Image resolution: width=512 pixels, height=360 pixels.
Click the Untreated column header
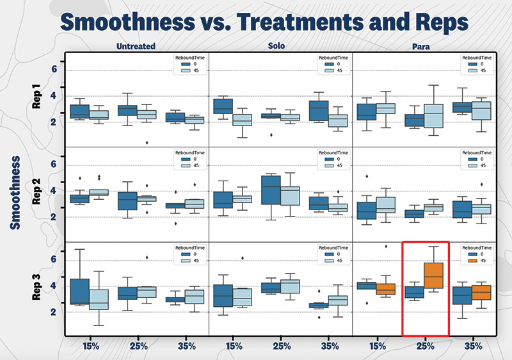(136, 47)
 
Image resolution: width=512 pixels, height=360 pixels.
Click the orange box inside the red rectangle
(435, 275)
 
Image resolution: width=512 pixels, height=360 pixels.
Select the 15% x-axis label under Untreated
(90, 346)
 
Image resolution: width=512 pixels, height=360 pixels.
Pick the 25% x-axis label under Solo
(280, 346)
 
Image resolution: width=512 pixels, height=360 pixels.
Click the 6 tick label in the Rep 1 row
(54, 69)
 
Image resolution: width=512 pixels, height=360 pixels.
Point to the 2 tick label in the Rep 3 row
(54, 312)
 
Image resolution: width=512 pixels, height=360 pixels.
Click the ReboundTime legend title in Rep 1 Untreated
(191, 58)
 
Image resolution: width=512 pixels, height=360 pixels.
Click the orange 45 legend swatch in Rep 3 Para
(471, 261)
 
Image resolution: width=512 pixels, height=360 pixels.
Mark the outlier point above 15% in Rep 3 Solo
(243, 258)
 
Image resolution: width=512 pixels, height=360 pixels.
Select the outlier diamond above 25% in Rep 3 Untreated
(147, 258)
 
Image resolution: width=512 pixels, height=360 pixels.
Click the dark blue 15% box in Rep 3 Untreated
(79, 291)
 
